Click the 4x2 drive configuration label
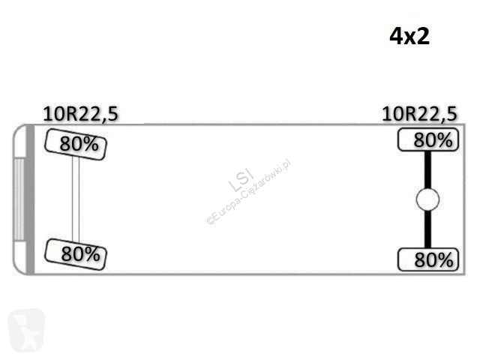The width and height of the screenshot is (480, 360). click(409, 37)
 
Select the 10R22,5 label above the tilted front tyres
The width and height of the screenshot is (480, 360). click(80, 114)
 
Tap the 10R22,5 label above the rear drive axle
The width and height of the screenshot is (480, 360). click(420, 114)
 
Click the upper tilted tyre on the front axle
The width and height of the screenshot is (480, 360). click(76, 144)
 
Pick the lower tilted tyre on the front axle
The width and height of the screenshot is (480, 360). click(76, 254)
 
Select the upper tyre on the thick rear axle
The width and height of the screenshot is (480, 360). click(428, 140)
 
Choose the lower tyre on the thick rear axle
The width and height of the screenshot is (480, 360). click(428, 259)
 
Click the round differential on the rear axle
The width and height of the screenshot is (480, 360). click(427, 199)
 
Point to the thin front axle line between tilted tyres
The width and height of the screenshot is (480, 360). click(76, 199)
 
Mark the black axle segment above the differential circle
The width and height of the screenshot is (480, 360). click(427, 170)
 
